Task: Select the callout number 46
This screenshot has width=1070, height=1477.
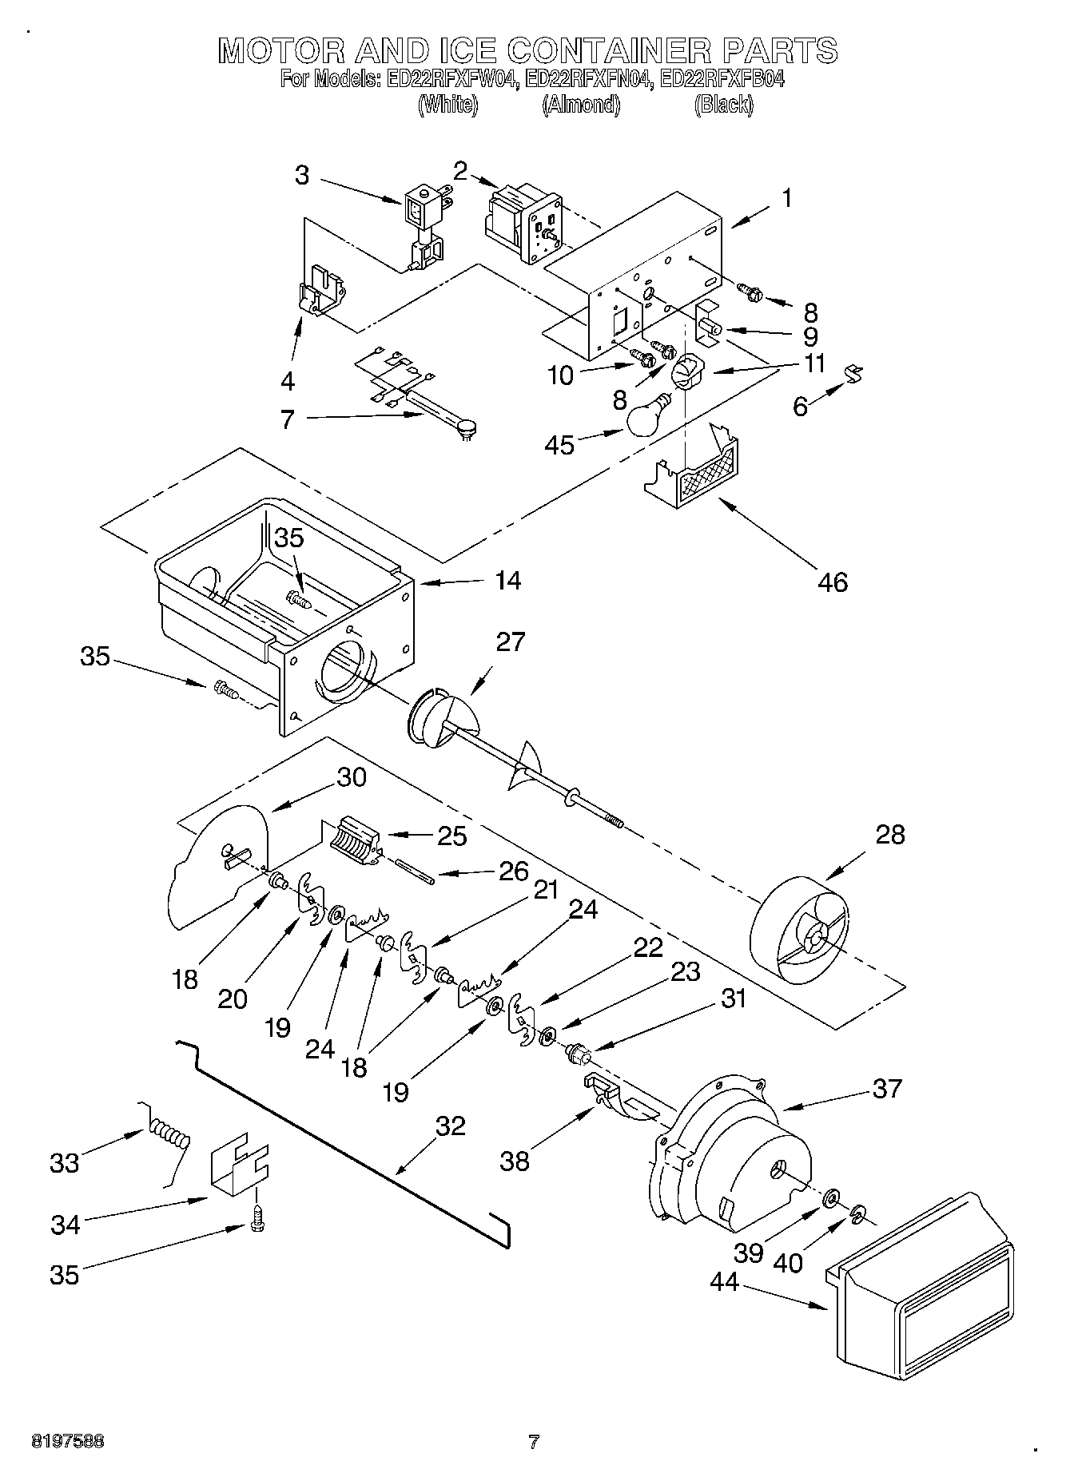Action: click(x=833, y=582)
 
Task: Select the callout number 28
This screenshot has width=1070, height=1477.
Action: click(x=890, y=834)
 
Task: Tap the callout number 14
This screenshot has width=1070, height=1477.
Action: click(x=507, y=580)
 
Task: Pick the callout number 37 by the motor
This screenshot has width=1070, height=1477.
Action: click(x=887, y=1087)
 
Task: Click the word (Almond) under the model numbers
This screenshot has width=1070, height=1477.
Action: click(x=581, y=105)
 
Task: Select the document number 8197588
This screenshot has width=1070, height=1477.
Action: click(x=68, y=1442)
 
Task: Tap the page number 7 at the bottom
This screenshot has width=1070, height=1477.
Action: click(x=534, y=1442)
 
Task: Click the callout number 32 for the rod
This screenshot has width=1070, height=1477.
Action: click(x=451, y=1126)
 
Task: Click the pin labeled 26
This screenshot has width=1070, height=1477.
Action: click(x=416, y=870)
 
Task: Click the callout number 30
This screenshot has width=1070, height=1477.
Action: click(x=351, y=776)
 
